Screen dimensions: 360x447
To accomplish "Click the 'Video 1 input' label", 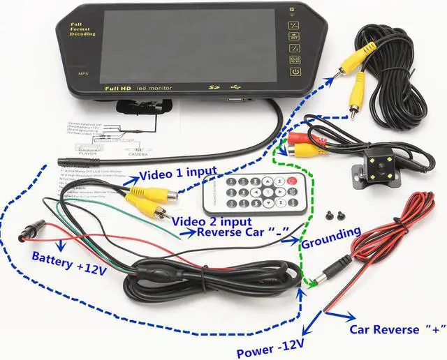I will (x=177, y=173).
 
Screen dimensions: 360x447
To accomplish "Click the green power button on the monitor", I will (x=295, y=72).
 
